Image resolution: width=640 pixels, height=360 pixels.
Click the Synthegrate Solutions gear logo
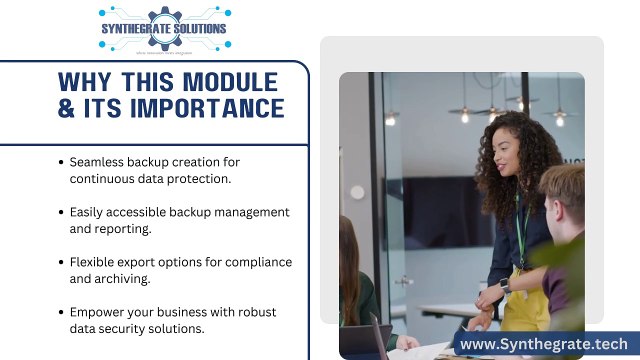(163, 28)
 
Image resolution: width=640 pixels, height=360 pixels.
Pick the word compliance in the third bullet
(258, 262)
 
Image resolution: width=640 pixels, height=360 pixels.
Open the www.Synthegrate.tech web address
(544, 343)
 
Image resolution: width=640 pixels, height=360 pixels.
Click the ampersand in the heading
(68, 108)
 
